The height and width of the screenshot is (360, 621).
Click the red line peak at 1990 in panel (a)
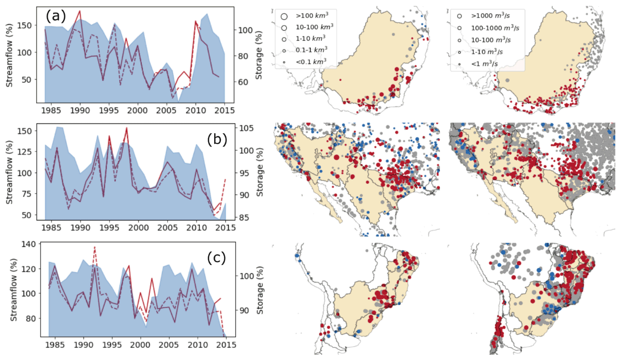coord(80,11)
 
